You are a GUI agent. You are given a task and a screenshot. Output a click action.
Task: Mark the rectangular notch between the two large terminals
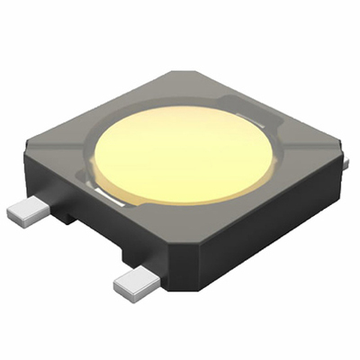point(67,217)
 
